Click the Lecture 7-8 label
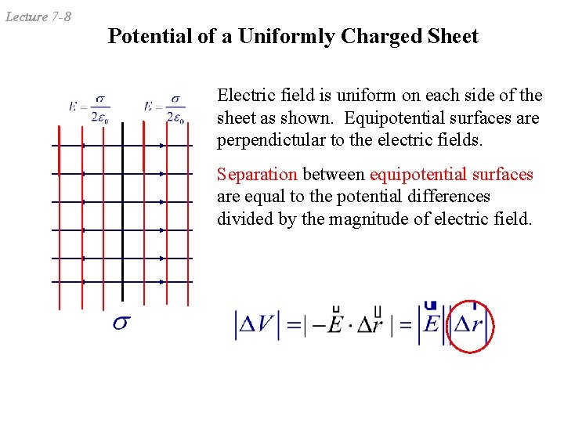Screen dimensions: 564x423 [38, 16]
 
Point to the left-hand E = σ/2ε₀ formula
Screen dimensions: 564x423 [89, 109]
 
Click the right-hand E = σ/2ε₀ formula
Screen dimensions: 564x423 [164, 109]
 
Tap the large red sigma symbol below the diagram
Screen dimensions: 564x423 [121, 322]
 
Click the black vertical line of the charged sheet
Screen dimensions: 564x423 [122, 211]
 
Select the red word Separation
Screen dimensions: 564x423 [257, 174]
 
